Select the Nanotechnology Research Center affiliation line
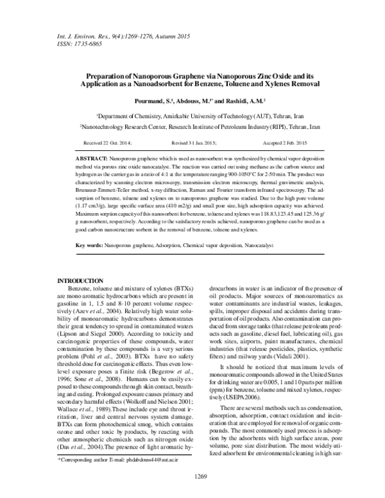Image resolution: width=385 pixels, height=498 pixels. coord(193,127)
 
